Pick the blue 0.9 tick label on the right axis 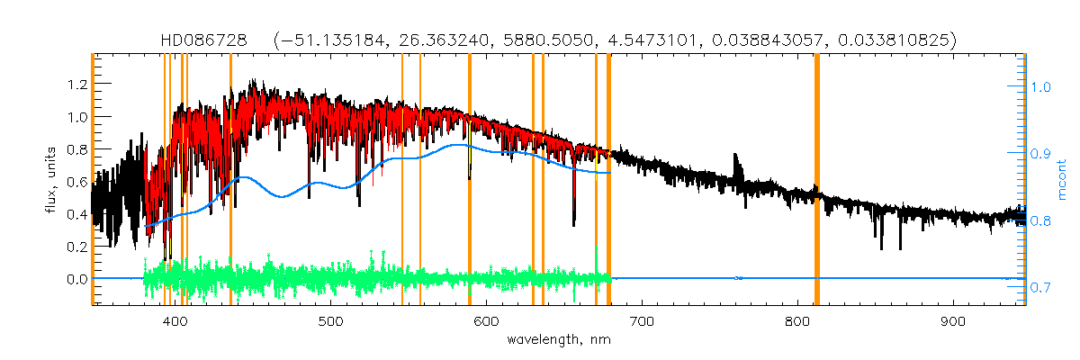point(1042,154)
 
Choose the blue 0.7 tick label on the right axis point(1042,287)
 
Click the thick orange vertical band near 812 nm point(816,180)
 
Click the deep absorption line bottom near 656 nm point(573,223)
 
